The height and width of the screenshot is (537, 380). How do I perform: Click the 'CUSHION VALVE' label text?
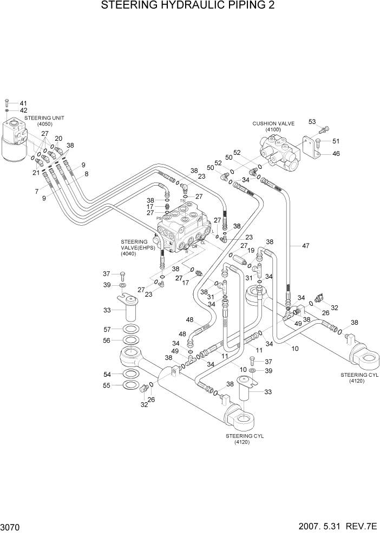click(273, 123)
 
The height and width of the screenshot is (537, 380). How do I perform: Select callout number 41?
click(23, 103)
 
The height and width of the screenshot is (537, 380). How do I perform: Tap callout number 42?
click(23, 110)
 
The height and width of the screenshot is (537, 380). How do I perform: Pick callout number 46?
click(336, 154)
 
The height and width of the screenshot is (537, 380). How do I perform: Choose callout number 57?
click(107, 329)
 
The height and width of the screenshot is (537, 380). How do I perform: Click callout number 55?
click(107, 385)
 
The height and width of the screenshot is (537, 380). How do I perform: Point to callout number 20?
click(58, 138)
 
